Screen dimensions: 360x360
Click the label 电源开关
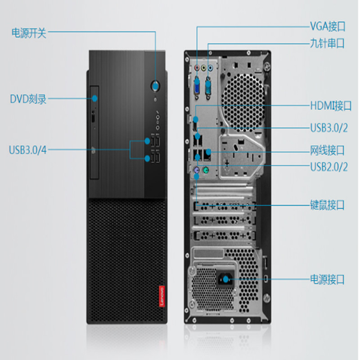click(29, 33)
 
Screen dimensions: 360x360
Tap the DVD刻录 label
click(28, 99)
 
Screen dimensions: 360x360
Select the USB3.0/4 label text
click(27, 150)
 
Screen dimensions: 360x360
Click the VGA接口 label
click(328, 26)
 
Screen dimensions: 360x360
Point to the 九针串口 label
click(327, 43)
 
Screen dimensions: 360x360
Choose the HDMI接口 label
click(331, 106)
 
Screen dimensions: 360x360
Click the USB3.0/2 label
click(329, 128)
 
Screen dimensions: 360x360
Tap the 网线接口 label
click(327, 150)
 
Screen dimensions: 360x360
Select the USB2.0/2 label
click(329, 167)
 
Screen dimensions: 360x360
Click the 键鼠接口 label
click(327, 205)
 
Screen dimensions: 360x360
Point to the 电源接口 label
click(327, 279)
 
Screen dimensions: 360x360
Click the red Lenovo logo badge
click(162, 296)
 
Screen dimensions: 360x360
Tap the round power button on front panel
click(155, 86)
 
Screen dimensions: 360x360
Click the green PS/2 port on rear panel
click(206, 171)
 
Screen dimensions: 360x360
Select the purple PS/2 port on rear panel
click(196, 170)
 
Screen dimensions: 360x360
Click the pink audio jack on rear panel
click(197, 68)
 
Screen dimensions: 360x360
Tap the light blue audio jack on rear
click(210, 68)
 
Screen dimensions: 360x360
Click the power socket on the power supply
click(225, 279)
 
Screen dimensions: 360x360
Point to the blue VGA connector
click(197, 87)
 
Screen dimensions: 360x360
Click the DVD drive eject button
click(94, 118)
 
